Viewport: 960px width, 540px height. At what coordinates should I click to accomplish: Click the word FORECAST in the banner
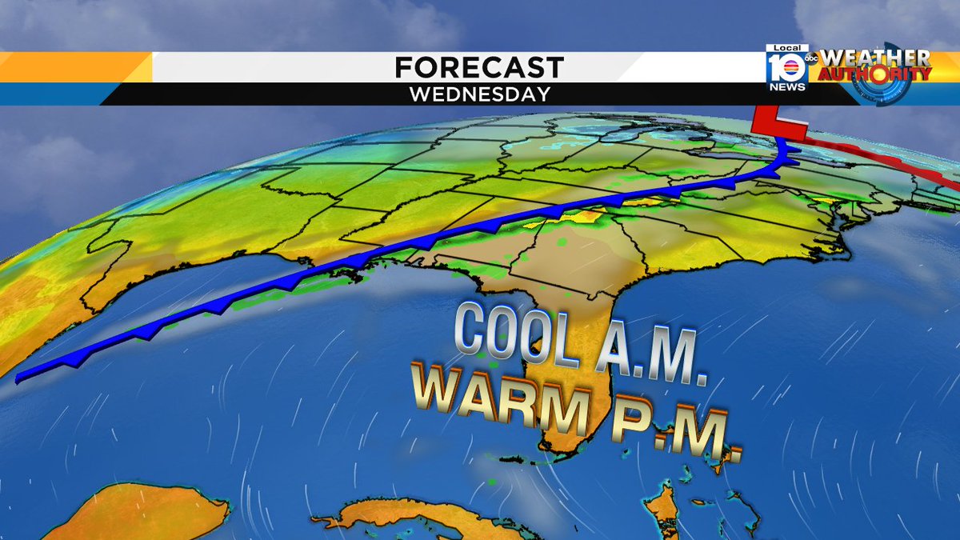pos(479,67)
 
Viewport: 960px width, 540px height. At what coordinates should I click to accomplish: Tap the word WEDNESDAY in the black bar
pos(480,94)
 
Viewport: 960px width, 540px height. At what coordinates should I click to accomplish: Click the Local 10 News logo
pos(786,68)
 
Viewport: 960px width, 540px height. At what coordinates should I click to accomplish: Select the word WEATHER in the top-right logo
pos(875,58)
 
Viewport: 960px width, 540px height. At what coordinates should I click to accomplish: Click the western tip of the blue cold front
pos(20,375)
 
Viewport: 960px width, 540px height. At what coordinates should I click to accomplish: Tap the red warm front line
pos(880,163)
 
